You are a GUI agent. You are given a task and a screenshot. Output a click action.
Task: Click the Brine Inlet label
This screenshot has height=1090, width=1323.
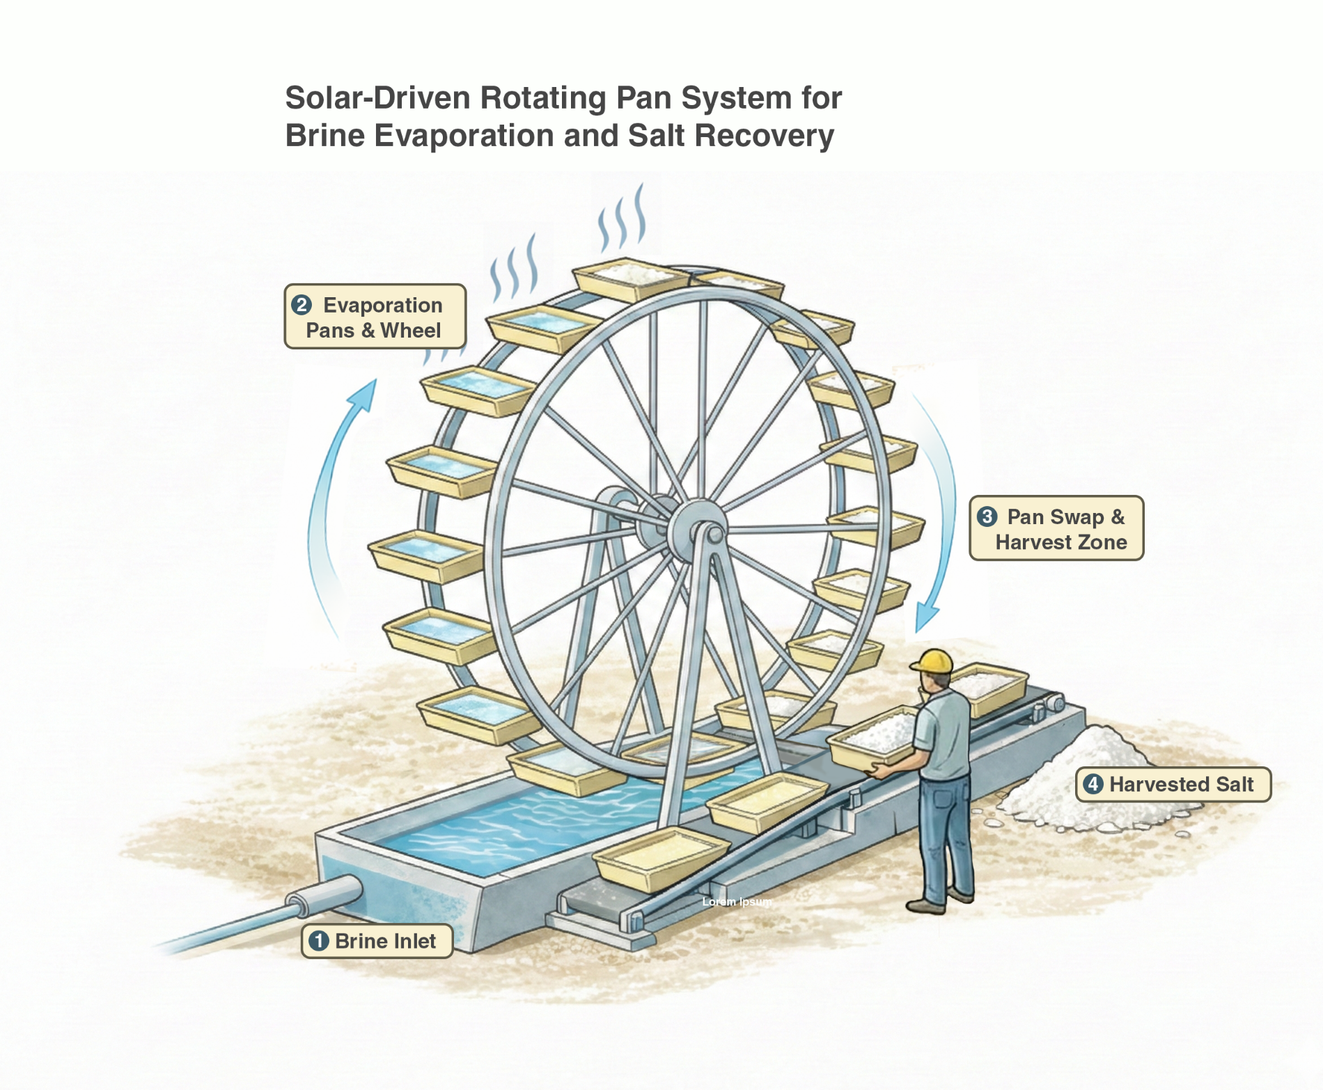(x=377, y=941)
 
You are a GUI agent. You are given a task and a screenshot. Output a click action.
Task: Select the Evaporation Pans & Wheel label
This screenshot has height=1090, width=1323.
(x=375, y=317)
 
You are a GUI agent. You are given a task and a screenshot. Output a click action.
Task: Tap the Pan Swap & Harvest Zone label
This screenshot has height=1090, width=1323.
(x=1056, y=528)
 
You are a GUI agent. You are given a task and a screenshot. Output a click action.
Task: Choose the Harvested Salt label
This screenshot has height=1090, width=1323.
(x=1173, y=784)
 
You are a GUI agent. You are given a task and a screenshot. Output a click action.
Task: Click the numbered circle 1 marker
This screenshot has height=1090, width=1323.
(x=319, y=941)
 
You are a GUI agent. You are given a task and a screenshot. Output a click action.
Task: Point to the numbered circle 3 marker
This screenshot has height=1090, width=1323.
(x=987, y=516)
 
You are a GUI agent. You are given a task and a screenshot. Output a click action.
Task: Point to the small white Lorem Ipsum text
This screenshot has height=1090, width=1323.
(x=737, y=902)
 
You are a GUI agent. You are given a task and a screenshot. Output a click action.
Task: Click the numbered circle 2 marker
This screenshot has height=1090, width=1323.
(x=302, y=305)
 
